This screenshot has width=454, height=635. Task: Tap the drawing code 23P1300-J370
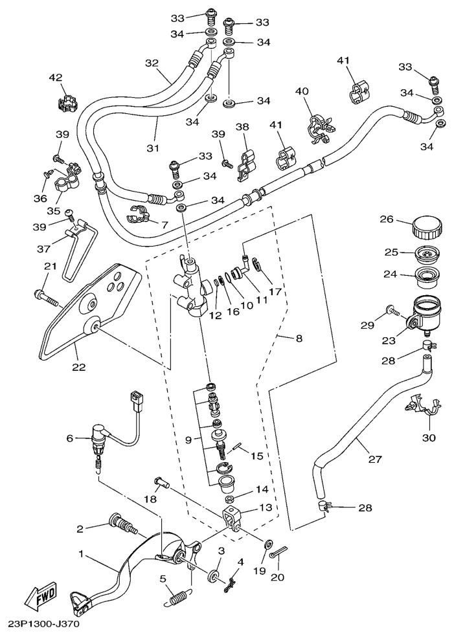(44, 626)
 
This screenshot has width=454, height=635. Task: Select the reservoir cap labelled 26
(426, 228)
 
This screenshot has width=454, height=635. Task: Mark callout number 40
(302, 91)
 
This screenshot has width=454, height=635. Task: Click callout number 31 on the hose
(152, 148)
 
